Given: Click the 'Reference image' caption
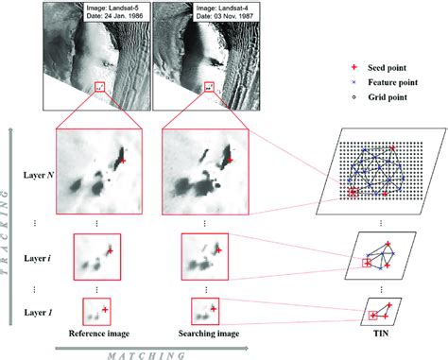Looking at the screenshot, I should pyautogui.click(x=93, y=334).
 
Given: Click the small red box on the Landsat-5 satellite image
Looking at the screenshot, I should pyautogui.click(x=101, y=88).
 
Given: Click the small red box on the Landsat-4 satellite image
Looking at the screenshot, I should pyautogui.click(x=208, y=88).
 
